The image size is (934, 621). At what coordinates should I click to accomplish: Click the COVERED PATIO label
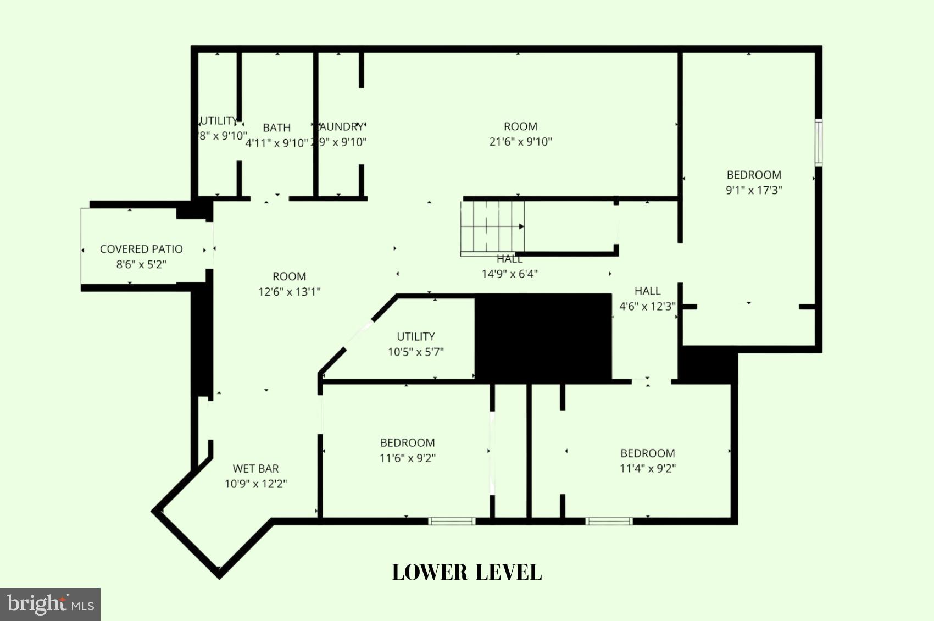(141, 249)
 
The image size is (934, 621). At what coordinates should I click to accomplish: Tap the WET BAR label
(255, 469)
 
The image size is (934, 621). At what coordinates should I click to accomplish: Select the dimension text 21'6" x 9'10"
(520, 142)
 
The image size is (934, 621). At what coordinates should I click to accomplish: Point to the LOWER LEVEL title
(467, 573)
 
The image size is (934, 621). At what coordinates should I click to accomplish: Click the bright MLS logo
(50, 605)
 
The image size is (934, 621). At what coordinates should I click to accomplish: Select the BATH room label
(276, 128)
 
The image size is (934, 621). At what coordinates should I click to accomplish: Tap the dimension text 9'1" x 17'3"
(754, 190)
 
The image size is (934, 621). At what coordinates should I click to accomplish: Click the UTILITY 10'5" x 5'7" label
(416, 337)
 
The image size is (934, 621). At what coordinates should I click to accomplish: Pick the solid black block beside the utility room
(543, 337)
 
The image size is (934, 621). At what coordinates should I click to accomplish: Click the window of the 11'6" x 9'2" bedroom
(452, 521)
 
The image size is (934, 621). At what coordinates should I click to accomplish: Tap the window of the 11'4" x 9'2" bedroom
(609, 521)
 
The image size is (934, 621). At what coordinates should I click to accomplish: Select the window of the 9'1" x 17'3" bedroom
(818, 142)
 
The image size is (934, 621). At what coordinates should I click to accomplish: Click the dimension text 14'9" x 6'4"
(509, 274)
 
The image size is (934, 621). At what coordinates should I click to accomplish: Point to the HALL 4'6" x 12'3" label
(647, 291)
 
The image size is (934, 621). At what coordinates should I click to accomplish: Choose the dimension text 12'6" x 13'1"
(290, 292)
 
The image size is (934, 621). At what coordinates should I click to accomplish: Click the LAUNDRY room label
(341, 127)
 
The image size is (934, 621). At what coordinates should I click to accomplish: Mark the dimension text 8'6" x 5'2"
(141, 264)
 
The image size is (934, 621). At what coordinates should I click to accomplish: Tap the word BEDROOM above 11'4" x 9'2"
(648, 453)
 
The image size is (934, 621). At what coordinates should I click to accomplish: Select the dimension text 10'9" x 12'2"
(255, 484)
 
